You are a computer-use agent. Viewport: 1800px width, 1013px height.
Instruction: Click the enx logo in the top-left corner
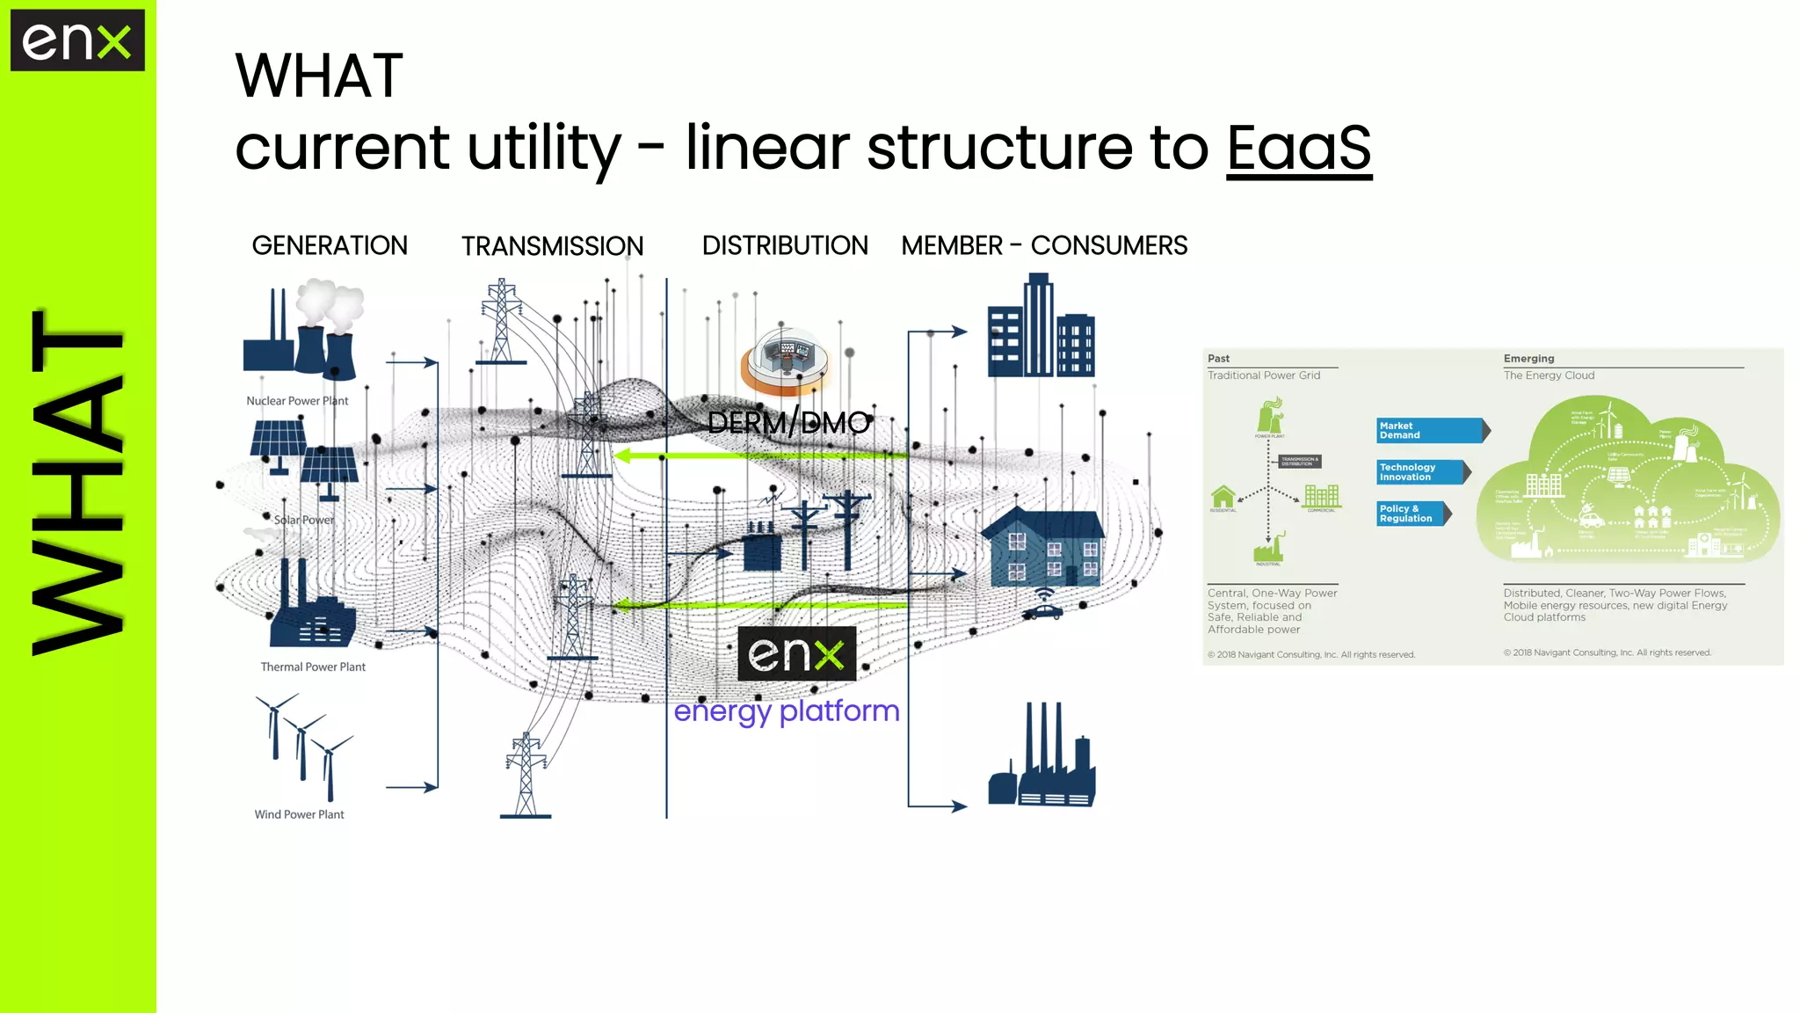tap(77, 40)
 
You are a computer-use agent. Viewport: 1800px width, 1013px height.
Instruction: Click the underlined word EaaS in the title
tap(1298, 148)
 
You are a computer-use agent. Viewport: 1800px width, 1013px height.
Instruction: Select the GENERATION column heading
tap(330, 245)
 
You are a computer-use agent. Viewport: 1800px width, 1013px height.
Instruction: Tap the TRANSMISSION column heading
tap(552, 246)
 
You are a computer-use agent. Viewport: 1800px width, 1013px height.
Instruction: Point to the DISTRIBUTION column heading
tap(784, 245)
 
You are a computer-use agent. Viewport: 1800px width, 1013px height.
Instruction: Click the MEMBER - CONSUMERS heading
tap(1044, 245)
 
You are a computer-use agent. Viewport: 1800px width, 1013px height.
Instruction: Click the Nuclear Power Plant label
tap(297, 401)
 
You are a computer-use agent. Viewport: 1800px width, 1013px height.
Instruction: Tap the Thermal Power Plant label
tap(313, 667)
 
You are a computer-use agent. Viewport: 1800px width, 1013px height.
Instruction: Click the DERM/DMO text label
tap(788, 423)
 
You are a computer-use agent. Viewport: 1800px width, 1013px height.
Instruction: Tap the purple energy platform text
tap(787, 711)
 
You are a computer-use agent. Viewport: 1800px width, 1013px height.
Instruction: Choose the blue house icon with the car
tap(1042, 554)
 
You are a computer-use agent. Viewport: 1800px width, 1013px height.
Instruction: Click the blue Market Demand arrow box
tap(1431, 430)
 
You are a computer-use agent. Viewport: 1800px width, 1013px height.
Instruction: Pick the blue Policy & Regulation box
tap(1412, 514)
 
